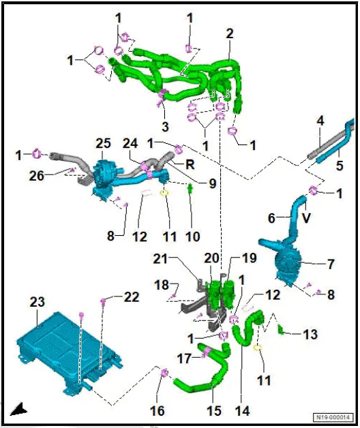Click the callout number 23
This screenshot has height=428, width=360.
click(x=37, y=303)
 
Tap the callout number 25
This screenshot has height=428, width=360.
click(x=103, y=144)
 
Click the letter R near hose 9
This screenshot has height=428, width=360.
click(x=190, y=165)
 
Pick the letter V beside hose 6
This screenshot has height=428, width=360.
click(x=306, y=218)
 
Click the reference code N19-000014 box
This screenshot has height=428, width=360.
click(x=333, y=417)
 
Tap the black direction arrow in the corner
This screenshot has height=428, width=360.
click(x=18, y=409)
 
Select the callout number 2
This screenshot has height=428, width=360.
click(x=230, y=33)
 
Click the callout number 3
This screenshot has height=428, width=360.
click(x=165, y=127)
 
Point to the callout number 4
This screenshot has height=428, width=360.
click(x=320, y=121)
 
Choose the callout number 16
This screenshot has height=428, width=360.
click(x=157, y=410)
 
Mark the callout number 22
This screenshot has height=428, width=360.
click(x=132, y=297)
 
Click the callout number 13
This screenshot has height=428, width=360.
click(x=310, y=334)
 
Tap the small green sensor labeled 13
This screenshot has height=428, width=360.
click(x=280, y=330)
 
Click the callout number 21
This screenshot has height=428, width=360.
click(x=160, y=259)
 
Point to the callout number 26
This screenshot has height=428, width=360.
click(x=36, y=176)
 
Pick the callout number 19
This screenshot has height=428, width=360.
click(x=249, y=258)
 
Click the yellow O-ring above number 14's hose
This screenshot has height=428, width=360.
click(x=258, y=348)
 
